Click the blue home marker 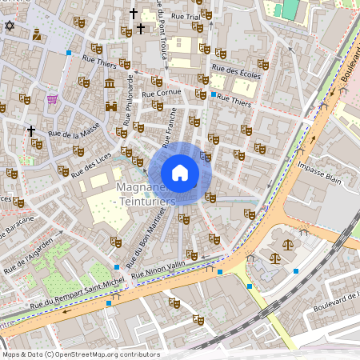[x=180, y=173]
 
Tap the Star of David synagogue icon [x=10, y=26]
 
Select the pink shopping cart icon [x=53, y=99]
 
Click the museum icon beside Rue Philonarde [x=110, y=84]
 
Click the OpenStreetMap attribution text [x=81, y=354]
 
